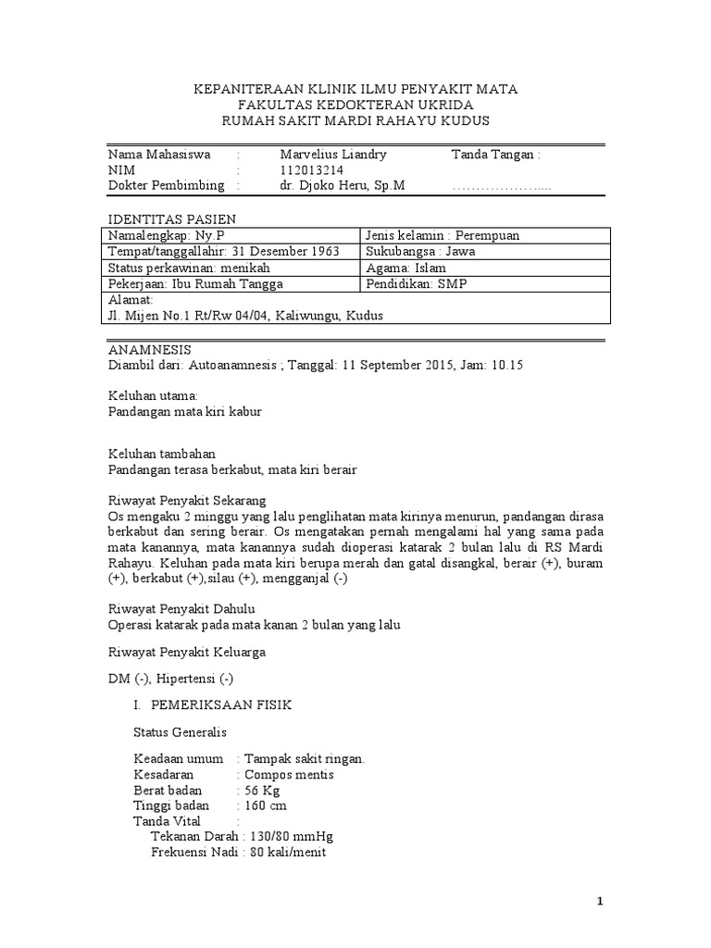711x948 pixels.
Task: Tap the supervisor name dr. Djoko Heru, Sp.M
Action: (342, 185)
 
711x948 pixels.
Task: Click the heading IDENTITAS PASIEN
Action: (172, 218)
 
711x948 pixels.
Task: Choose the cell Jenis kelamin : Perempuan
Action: (443, 235)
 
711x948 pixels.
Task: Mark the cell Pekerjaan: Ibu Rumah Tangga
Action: (196, 284)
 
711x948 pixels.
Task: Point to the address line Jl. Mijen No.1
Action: (245, 316)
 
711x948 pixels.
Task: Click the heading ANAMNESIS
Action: (150, 349)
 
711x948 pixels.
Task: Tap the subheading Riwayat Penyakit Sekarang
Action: (186, 501)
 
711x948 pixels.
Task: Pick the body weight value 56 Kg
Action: (260, 791)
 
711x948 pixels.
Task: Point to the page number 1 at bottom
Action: (599, 903)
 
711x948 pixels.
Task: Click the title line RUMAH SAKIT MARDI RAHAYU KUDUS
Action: (355, 121)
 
